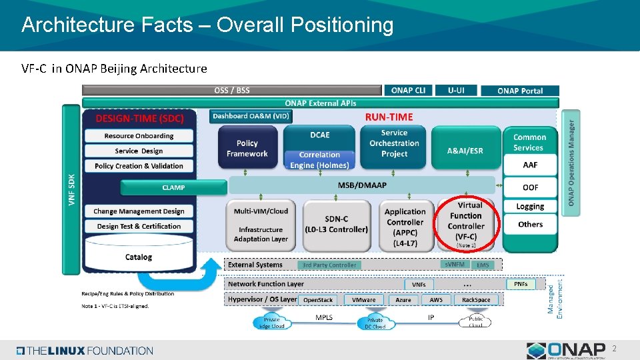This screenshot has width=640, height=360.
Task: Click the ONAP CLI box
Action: [408, 90]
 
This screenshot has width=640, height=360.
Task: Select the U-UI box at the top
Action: [456, 90]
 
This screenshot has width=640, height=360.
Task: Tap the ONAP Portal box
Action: [519, 91]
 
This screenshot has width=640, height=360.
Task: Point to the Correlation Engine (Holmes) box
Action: [319, 160]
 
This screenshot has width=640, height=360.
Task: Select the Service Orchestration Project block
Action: [394, 144]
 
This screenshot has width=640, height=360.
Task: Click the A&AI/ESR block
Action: [465, 151]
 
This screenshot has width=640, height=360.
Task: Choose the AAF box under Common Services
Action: [530, 165]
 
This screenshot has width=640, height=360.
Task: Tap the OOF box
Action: [530, 187]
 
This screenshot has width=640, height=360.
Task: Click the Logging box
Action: [530, 207]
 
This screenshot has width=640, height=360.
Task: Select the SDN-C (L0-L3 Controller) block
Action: [336, 225]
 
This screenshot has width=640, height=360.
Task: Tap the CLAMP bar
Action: [173, 188]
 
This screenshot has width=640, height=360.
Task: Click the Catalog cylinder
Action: [139, 256]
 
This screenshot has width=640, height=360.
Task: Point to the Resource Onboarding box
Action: [139, 136]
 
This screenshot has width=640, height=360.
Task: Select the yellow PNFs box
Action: [521, 284]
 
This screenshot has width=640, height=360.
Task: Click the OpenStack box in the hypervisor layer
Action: [318, 300]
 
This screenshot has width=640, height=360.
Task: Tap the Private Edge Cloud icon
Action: [272, 323]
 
